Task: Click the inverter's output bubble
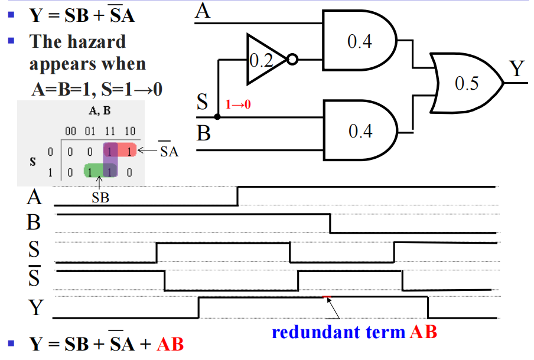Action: click(292, 59)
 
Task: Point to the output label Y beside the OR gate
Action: click(517, 69)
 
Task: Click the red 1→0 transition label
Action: click(238, 105)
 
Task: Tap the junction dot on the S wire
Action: click(217, 117)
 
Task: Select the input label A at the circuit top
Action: click(203, 11)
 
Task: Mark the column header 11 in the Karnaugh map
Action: click(110, 130)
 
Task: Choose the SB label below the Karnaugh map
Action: click(100, 198)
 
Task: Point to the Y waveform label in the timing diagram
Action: click(35, 308)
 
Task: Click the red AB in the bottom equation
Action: click(170, 343)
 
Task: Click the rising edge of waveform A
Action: click(237, 195)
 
